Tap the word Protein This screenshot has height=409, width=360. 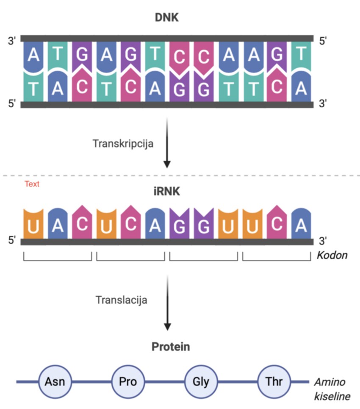171,347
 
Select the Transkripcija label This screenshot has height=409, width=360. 123,143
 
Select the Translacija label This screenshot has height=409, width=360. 122,300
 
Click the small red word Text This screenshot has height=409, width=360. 32,184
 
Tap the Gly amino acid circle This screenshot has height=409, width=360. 201,381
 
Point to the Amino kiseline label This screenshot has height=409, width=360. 332,389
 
